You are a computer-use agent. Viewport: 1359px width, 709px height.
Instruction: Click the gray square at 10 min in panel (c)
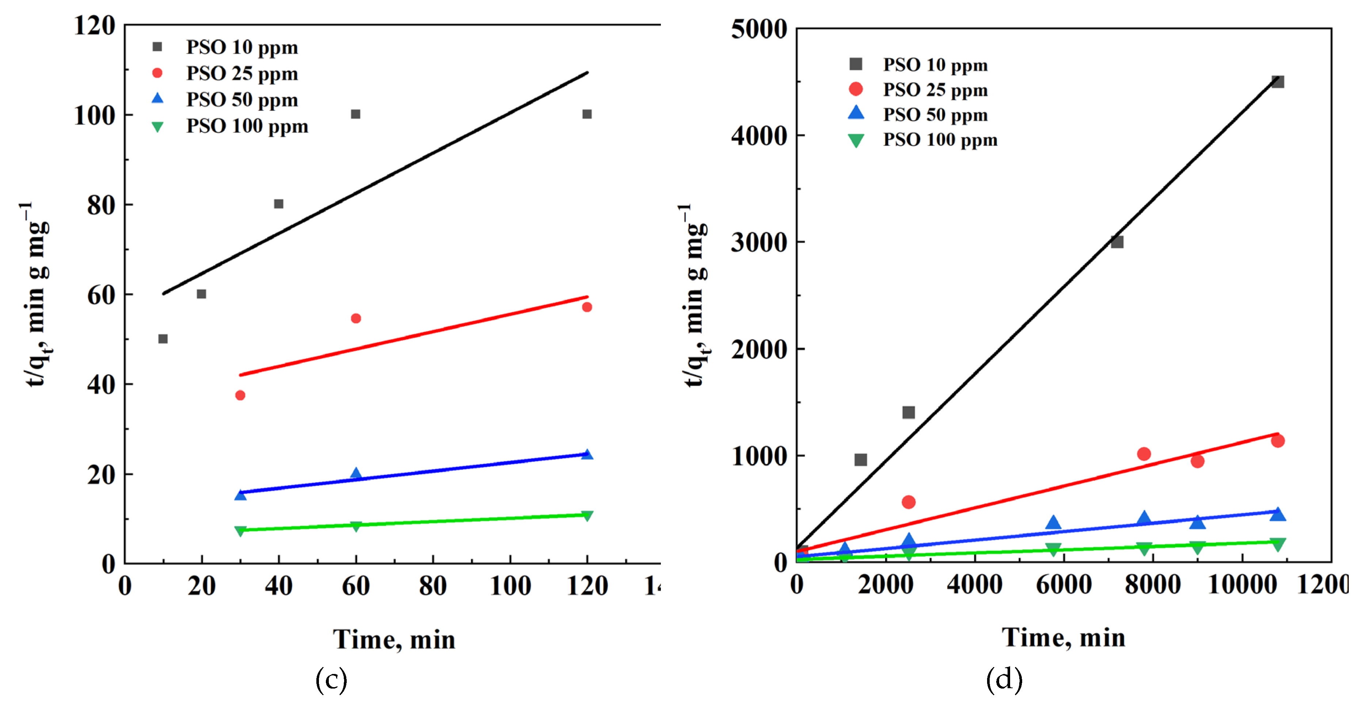(163, 339)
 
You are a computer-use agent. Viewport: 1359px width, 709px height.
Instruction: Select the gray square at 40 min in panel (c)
(278, 204)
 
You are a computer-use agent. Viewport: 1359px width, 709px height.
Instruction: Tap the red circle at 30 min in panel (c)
(240, 395)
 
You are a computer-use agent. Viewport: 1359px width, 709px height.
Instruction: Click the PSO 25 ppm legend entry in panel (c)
(241, 73)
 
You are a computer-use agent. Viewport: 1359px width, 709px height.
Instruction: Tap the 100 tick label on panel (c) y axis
(95, 115)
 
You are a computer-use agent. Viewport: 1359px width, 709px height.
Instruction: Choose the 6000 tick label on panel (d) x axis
(1063, 585)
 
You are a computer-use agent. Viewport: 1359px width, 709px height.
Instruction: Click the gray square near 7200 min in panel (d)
(1117, 242)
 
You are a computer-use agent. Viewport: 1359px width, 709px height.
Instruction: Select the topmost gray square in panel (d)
(1277, 82)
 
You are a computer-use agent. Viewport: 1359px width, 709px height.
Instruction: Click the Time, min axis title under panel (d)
(1063, 637)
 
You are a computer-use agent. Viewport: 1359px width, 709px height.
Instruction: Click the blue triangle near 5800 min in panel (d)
(1052, 523)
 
